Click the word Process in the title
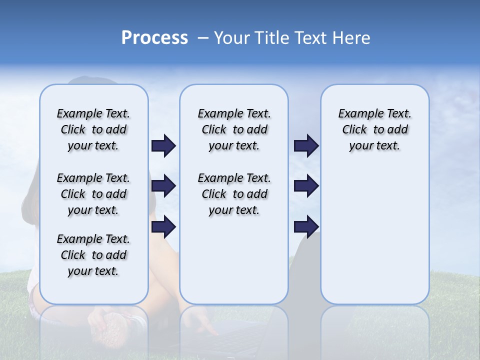(154, 38)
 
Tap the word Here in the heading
(352, 38)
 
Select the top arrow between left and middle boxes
(163, 146)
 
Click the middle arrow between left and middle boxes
(163, 186)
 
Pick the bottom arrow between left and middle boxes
(163, 227)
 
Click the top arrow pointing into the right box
(306, 146)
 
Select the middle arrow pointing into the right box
(306, 186)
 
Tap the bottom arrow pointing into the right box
(306, 227)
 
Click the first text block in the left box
(93, 129)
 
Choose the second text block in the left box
(93, 194)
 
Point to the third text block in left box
(93, 255)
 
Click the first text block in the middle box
(234, 129)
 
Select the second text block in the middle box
(234, 194)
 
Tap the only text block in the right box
(374, 129)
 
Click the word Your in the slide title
(232, 38)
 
